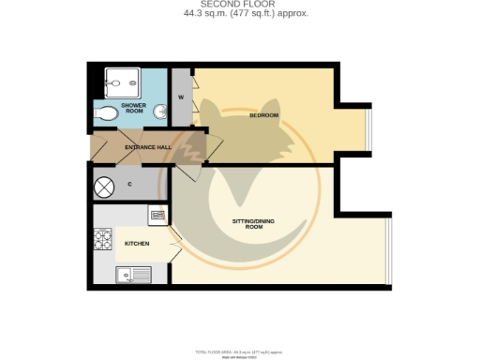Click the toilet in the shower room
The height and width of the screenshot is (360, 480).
pyautogui.click(x=107, y=114)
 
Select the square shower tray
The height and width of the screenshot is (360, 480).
pyautogui.click(x=120, y=82)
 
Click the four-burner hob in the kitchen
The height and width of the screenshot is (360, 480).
pyautogui.click(x=103, y=242)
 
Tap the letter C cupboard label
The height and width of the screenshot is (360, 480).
pyautogui.click(x=128, y=184)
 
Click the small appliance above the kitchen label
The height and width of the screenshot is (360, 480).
pyautogui.click(x=157, y=215)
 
